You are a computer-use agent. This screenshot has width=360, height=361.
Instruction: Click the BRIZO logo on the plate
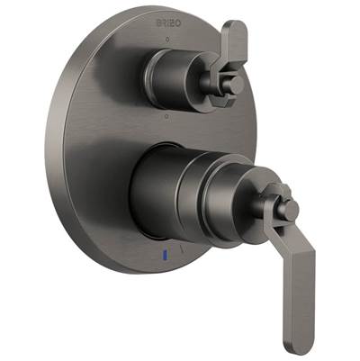click(x=169, y=23)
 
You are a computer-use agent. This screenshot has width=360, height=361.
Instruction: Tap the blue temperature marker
click(x=165, y=255)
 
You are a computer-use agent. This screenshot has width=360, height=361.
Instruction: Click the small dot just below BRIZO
click(x=168, y=39)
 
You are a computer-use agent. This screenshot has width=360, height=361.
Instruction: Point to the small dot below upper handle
click(x=167, y=115)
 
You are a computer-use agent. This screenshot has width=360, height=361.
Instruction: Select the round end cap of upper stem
click(x=237, y=84)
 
